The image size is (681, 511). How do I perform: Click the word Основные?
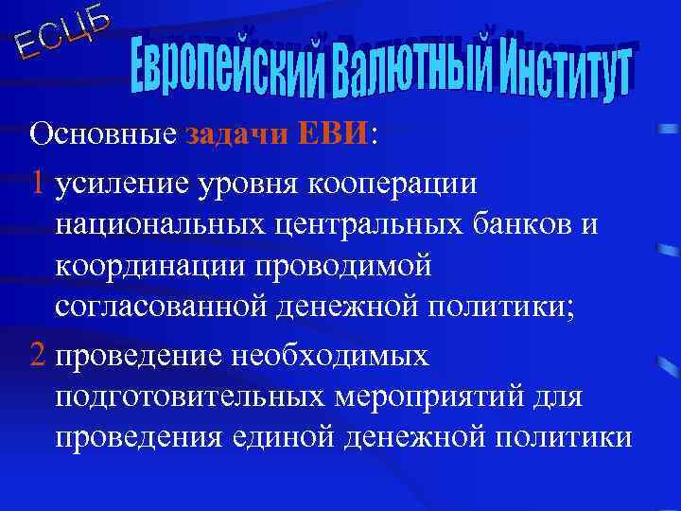[x=103, y=134]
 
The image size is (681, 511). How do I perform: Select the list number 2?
[x=38, y=356]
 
